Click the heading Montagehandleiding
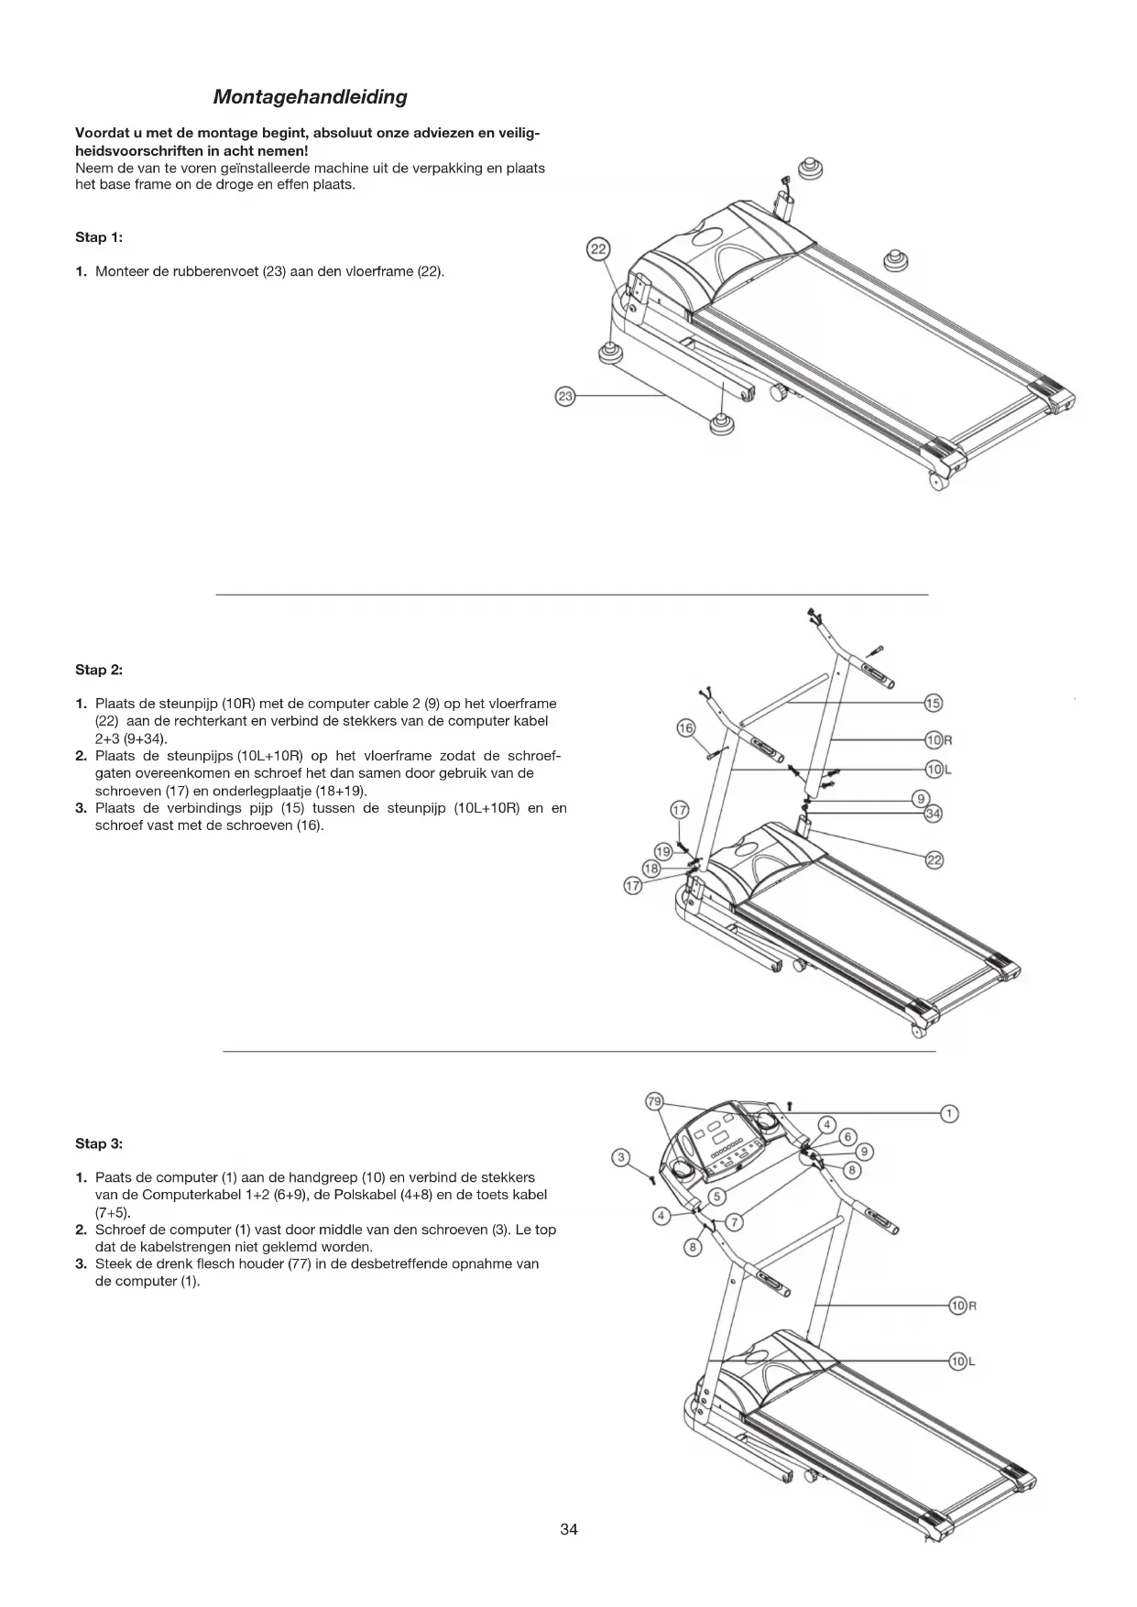(310, 97)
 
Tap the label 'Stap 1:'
(99, 237)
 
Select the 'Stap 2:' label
(99, 670)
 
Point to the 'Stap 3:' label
(99, 1143)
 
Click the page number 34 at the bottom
(569, 1529)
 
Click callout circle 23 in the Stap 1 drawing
(566, 397)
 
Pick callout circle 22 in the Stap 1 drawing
(597, 250)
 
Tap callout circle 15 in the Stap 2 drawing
(933, 704)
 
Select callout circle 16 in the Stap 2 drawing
(685, 728)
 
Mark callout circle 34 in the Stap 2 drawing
(933, 814)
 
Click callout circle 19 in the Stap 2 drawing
(663, 851)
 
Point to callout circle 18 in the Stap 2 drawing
(650, 869)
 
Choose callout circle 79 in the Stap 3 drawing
(654, 1100)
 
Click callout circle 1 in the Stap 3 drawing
(950, 1113)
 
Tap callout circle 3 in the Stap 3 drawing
(621, 1157)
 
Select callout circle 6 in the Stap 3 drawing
(847, 1137)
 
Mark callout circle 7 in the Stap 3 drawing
(735, 1222)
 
